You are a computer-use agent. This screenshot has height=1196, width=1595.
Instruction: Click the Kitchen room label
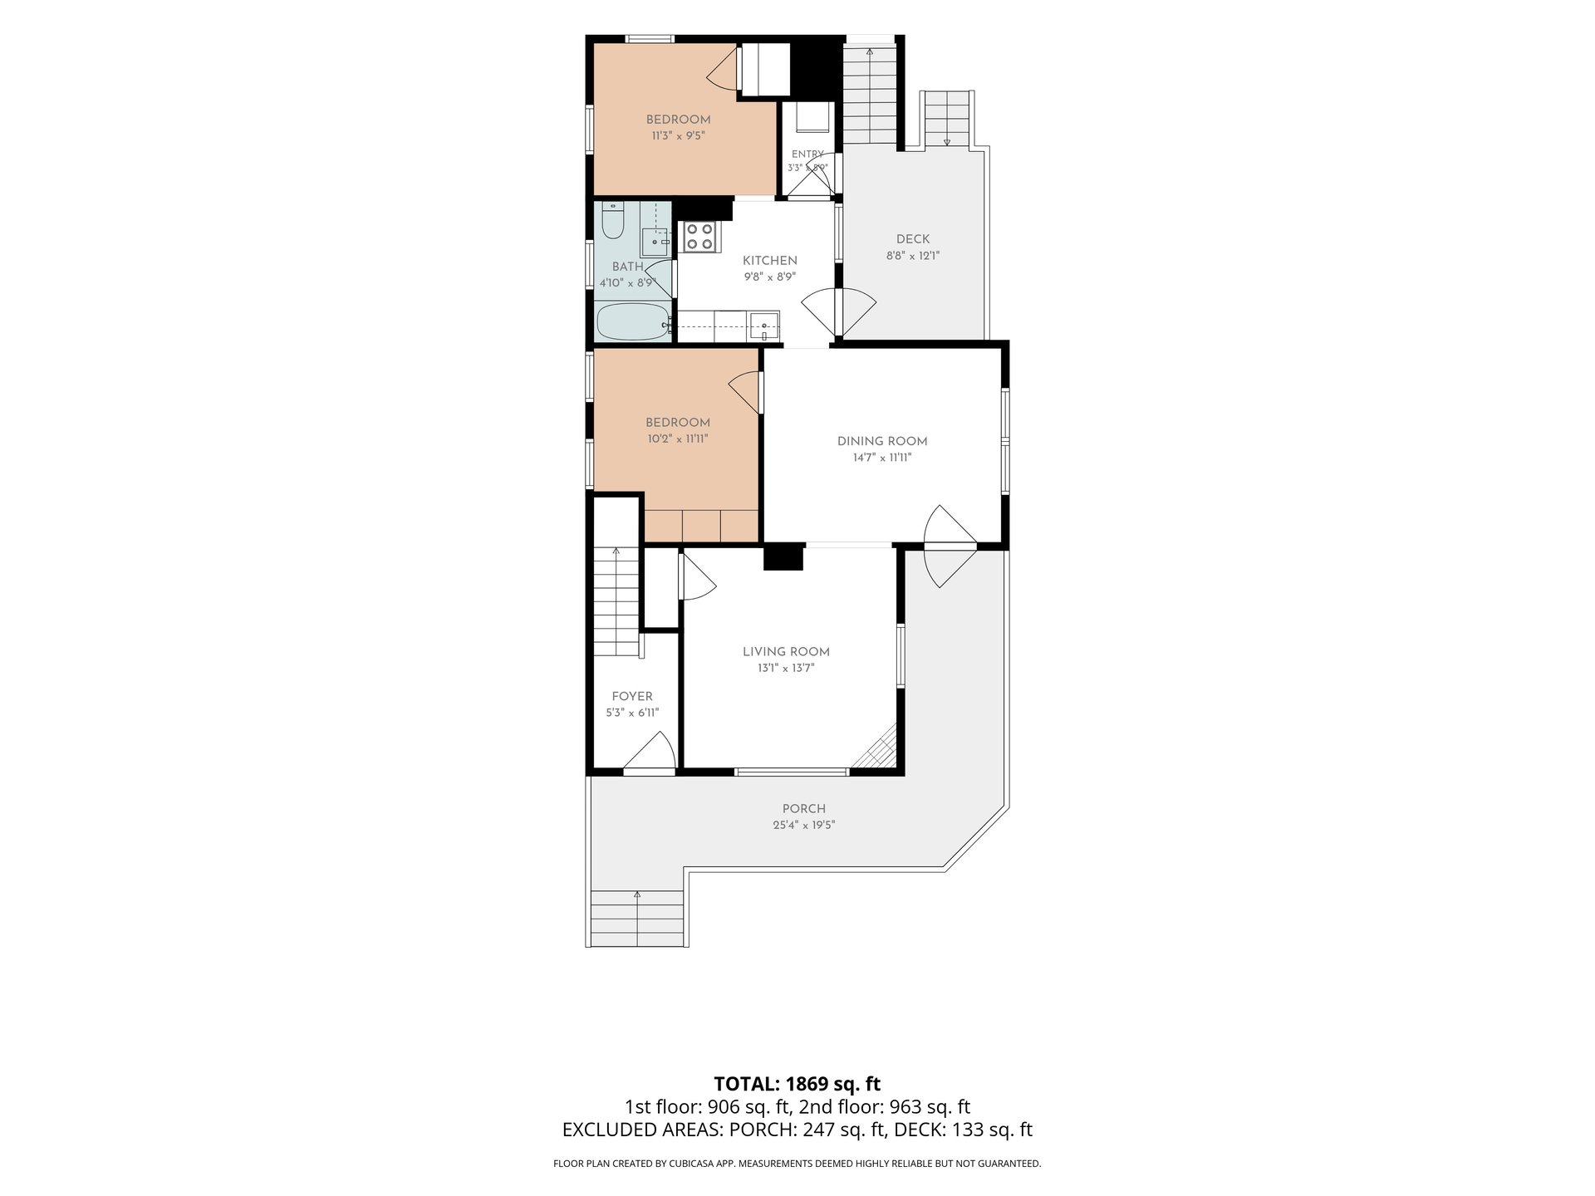[769, 261]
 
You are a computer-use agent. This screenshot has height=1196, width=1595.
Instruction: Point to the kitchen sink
[763, 326]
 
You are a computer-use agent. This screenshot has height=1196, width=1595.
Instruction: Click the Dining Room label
[882, 442]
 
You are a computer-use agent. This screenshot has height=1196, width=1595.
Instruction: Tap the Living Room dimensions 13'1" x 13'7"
[786, 668]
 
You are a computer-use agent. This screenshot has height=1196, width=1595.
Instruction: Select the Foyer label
[632, 697]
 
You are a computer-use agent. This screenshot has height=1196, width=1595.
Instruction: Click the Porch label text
[804, 809]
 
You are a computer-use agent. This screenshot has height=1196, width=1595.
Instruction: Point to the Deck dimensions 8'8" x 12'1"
[913, 256]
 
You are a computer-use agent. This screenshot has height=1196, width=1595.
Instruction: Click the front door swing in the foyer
[650, 752]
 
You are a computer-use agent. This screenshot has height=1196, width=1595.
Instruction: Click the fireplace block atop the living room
[783, 556]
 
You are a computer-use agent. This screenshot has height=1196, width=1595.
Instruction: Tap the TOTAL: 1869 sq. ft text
[797, 1084]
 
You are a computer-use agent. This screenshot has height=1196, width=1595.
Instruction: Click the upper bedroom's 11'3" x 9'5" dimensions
[679, 135]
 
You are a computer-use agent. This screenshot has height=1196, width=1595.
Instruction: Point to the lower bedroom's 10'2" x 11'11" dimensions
[678, 439]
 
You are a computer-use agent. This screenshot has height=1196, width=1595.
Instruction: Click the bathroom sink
[655, 242]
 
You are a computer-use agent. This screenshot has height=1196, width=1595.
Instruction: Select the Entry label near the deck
[807, 154]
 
